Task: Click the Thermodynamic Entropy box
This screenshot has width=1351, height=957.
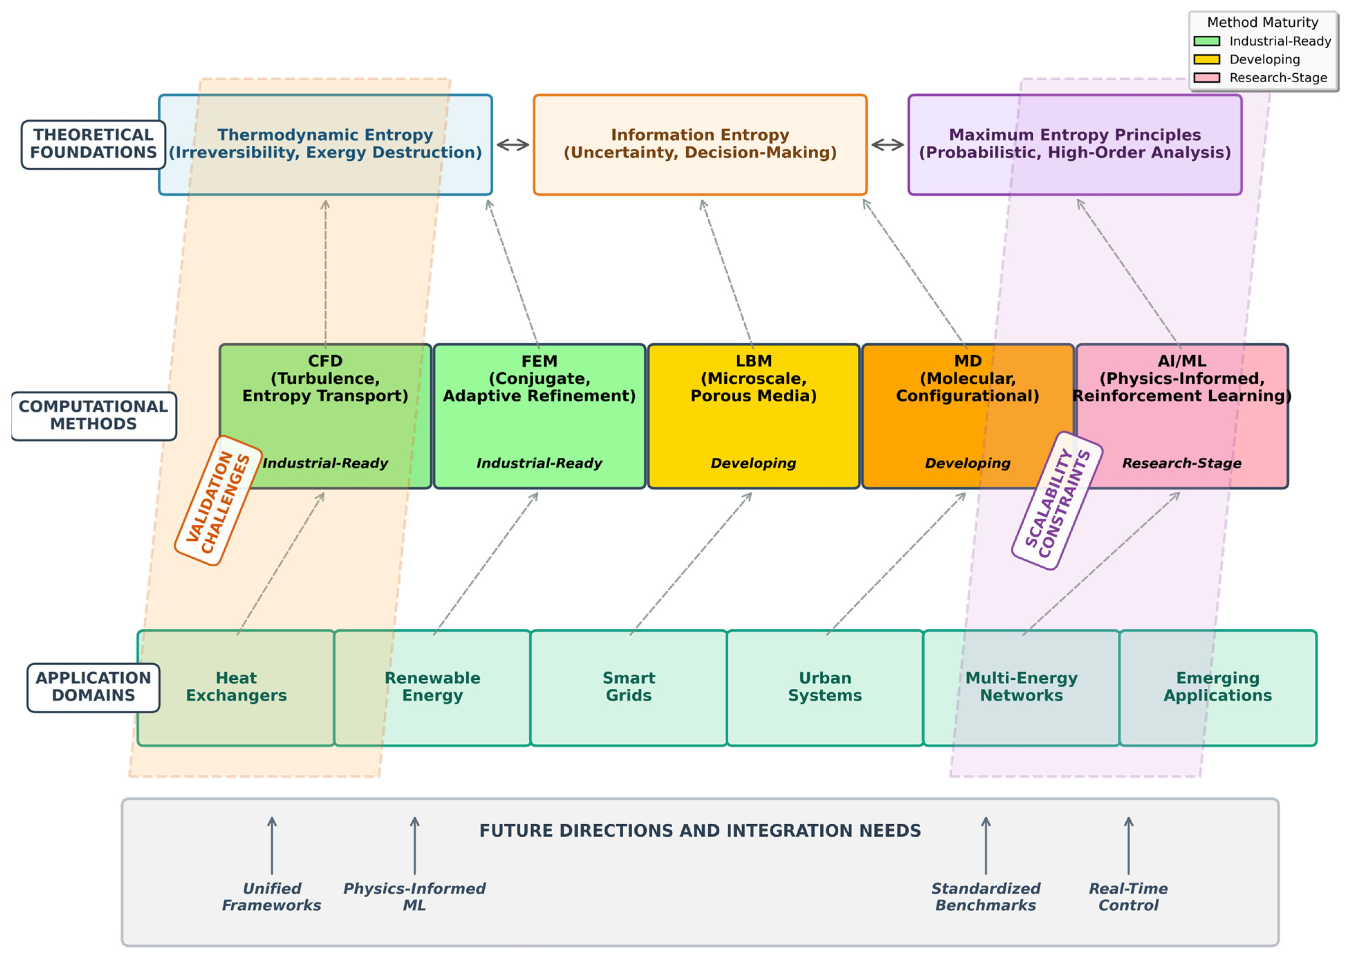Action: click(x=325, y=145)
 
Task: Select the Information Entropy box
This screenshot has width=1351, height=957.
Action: click(x=700, y=145)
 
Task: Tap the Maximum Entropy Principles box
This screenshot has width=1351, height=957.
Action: click(x=1075, y=145)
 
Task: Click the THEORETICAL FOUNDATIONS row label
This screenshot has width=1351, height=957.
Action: click(x=93, y=145)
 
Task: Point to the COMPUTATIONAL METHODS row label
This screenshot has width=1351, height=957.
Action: click(x=93, y=416)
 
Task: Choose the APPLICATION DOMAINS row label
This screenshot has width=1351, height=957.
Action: click(x=93, y=687)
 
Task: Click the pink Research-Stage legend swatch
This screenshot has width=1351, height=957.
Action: click(x=1206, y=78)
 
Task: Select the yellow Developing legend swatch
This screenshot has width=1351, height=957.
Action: click(x=1206, y=59)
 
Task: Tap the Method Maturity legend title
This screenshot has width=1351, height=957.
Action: click(x=1262, y=22)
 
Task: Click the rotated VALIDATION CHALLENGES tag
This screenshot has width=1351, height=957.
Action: click(x=218, y=501)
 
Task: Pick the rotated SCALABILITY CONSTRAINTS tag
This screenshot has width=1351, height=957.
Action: click(x=1057, y=501)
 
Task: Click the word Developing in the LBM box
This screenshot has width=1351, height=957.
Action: click(x=753, y=463)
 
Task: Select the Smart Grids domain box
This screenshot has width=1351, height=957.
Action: click(x=629, y=687)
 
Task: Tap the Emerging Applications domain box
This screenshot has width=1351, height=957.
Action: click(x=1217, y=687)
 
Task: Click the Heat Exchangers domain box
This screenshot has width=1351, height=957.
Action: click(x=236, y=687)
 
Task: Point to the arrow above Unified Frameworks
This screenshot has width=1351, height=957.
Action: click(x=272, y=846)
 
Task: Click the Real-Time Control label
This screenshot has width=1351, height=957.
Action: click(x=1128, y=897)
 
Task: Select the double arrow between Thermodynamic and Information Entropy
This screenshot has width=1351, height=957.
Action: click(x=513, y=145)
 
